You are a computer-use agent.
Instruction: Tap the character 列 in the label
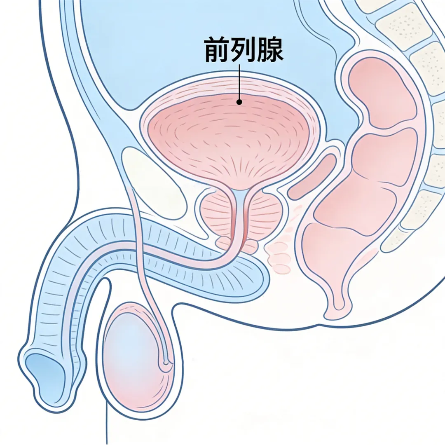point(244,50)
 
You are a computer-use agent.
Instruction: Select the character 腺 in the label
point(269,50)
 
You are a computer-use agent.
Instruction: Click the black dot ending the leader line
point(239,101)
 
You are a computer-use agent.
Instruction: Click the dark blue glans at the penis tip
point(43,373)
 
